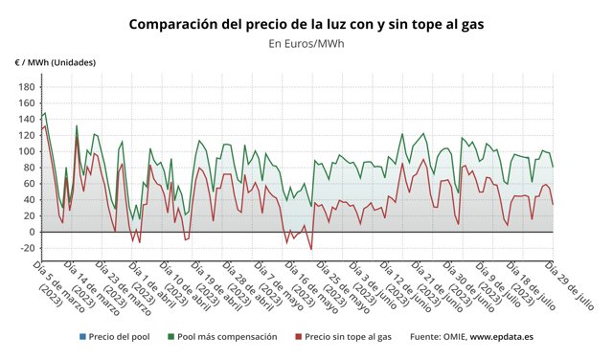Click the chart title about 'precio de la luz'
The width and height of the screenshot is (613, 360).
point(306,23)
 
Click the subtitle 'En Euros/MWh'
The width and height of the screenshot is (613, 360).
point(306,44)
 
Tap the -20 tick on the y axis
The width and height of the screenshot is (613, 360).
point(24,248)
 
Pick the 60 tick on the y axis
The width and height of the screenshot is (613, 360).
point(27,183)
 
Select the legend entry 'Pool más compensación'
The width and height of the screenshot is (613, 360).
point(227,337)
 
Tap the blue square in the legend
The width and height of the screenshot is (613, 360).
point(83,337)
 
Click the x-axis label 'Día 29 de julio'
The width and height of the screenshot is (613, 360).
point(571,284)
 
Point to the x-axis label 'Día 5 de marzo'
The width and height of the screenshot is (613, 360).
point(57,284)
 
